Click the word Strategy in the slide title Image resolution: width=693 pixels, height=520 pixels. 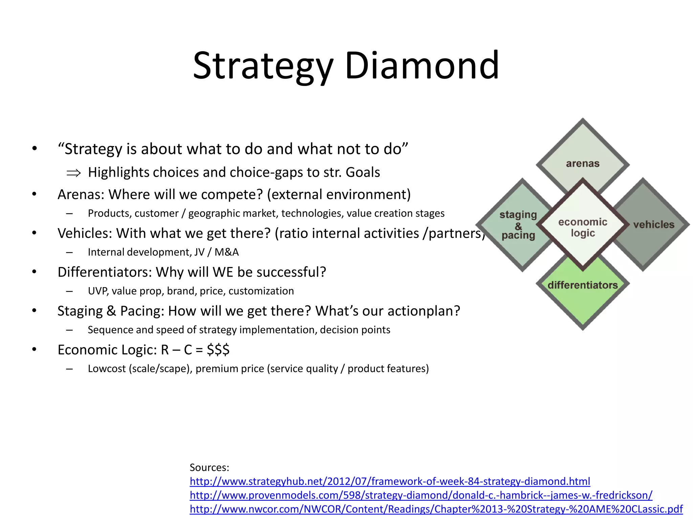tap(263, 66)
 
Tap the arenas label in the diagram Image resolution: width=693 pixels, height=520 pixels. tap(583, 164)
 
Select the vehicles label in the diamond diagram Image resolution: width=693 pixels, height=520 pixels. tap(654, 224)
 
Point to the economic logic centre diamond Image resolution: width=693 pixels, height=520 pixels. tap(583, 227)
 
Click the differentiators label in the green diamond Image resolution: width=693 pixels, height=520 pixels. tap(583, 285)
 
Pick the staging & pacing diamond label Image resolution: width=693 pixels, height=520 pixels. tap(518, 225)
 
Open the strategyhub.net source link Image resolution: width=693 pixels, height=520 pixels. tap(390, 481)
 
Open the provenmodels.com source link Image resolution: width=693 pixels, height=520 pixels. tap(421, 495)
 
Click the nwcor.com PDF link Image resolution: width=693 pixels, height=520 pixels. tap(436, 509)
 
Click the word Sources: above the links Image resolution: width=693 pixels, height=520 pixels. tap(209, 468)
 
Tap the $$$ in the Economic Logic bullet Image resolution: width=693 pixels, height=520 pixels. tap(218, 350)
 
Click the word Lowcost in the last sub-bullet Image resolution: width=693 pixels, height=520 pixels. tap(107, 369)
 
